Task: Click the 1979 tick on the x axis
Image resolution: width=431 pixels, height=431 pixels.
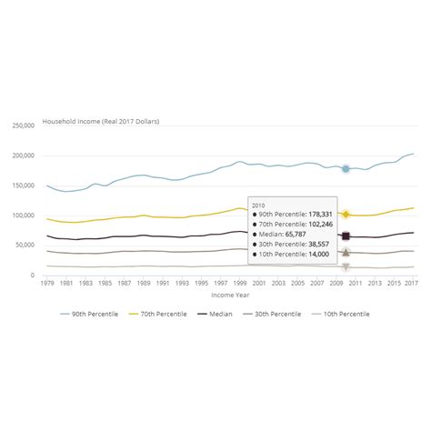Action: (47, 283)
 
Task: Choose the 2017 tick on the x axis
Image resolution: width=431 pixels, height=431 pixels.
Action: (411, 283)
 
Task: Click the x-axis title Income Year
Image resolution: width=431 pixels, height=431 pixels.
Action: (229, 295)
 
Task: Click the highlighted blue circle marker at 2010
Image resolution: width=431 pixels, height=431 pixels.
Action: (346, 169)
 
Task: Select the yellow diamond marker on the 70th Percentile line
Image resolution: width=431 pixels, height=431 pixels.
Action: (346, 215)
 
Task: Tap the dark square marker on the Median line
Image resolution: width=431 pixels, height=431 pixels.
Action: (346, 236)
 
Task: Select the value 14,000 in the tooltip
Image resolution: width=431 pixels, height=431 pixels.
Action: (316, 256)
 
